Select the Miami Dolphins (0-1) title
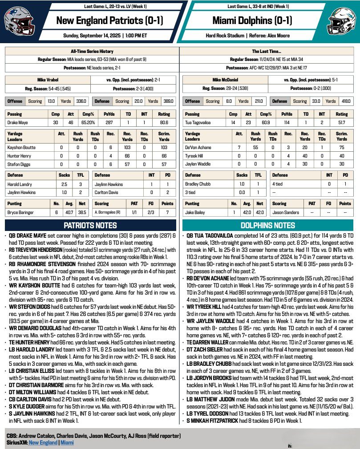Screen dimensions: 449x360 tap(249, 20)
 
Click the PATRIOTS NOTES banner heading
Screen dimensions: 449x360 tap(90, 225)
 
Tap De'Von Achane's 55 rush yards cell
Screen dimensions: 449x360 tap(255, 147)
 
